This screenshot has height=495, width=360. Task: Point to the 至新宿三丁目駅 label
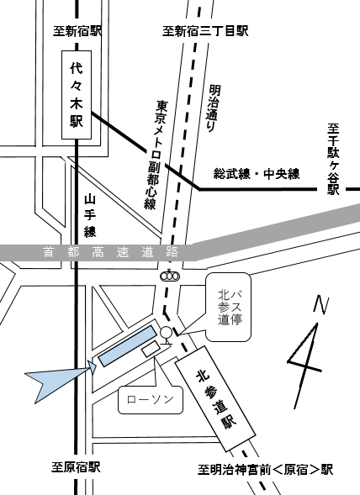[206, 31]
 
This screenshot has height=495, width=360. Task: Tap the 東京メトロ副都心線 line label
[156, 155]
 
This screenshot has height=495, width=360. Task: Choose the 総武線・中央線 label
[257, 174]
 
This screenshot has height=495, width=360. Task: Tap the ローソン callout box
[150, 400]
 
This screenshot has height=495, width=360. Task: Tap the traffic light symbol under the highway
[170, 276]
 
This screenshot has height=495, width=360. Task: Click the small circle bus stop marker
[166, 332]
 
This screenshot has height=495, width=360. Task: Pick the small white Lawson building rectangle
[154, 347]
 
